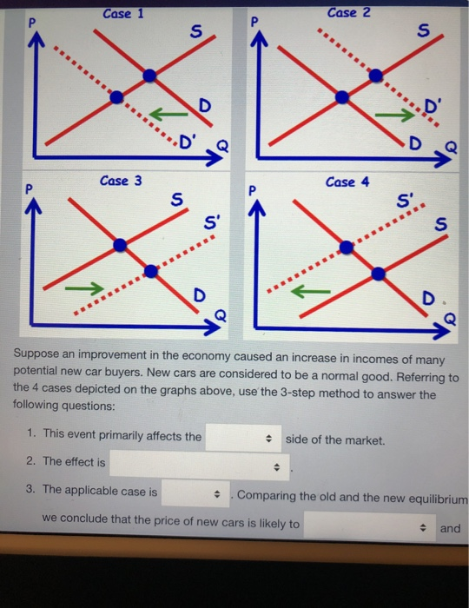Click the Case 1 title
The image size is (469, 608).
[x=122, y=14]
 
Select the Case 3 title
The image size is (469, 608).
[x=120, y=181]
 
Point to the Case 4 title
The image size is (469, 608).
[x=347, y=182]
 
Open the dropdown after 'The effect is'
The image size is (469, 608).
[x=199, y=466]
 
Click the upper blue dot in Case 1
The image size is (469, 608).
[x=150, y=76]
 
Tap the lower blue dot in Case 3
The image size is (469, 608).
[x=151, y=271]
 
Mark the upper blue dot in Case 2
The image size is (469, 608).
[x=376, y=76]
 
